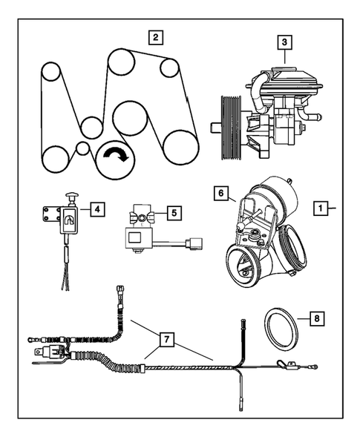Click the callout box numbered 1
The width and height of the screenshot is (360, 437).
tap(321, 209)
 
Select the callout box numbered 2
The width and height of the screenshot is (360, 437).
tap(154, 36)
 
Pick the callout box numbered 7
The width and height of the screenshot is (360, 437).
tap(168, 339)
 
